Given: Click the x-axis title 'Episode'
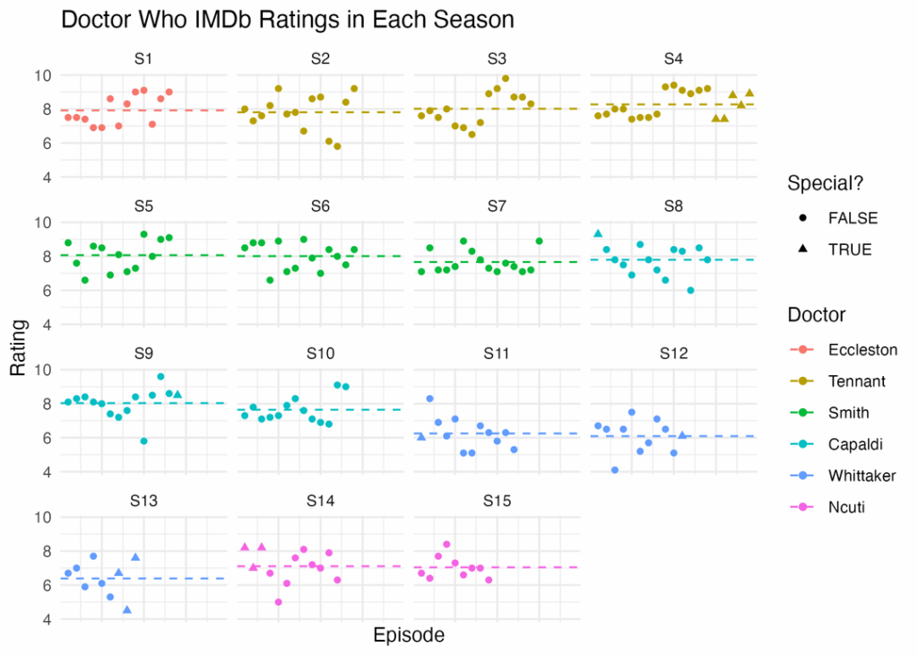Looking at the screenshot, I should (408, 635).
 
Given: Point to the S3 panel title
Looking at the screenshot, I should (496, 58).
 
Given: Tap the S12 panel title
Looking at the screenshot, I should (672, 353).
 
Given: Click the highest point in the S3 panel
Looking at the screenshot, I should (506, 78).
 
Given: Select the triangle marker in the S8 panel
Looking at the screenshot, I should (598, 233).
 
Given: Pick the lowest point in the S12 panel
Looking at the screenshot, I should (615, 470).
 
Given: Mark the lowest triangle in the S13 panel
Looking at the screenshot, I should (127, 610).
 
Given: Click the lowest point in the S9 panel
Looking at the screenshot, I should (143, 442).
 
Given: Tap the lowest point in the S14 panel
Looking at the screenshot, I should (279, 602).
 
